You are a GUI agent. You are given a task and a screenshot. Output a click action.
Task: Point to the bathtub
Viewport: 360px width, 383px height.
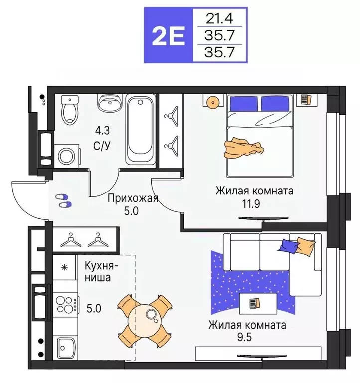coord(141,130)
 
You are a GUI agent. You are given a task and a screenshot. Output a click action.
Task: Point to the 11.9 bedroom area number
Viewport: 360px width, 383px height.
coord(254,203)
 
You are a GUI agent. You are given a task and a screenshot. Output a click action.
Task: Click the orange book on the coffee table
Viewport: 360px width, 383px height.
coord(254,303)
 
